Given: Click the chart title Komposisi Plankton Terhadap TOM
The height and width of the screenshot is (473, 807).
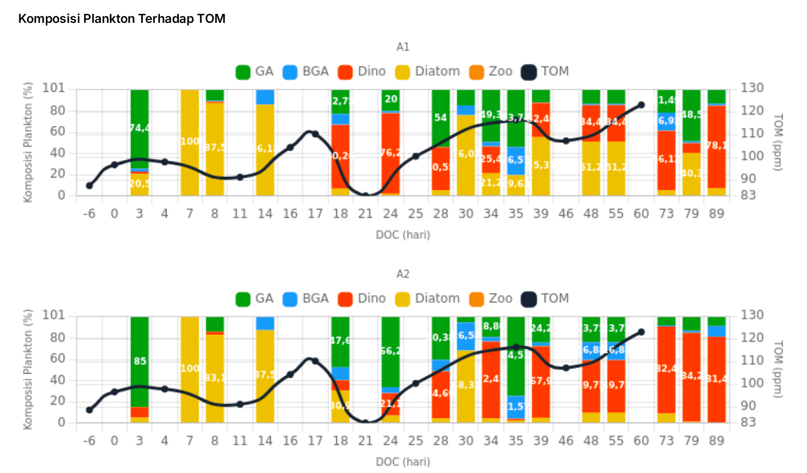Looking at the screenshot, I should [122, 19].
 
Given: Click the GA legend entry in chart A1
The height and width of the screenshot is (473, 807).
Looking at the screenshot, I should [255, 72].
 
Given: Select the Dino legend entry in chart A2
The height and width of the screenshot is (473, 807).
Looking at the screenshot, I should [362, 299].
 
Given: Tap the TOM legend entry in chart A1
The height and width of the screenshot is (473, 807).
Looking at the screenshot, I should [545, 72].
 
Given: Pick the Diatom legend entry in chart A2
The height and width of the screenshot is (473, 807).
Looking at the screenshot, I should [427, 299].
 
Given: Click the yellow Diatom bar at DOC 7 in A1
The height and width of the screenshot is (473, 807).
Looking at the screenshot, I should [190, 143].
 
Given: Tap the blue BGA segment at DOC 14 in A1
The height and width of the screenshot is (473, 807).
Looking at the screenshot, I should [265, 97].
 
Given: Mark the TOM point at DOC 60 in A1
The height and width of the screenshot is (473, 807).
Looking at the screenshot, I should [641, 105].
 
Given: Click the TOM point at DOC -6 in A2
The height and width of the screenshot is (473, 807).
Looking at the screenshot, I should [90, 410].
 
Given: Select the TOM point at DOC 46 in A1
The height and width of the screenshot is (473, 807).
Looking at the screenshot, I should [566, 141].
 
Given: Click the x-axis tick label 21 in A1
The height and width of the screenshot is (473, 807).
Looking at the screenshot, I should [365, 214].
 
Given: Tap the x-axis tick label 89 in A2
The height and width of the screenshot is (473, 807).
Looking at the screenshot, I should [716, 441].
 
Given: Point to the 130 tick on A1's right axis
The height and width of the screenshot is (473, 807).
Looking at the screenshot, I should [752, 88].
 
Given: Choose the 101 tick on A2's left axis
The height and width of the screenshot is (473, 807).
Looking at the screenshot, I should [53, 315].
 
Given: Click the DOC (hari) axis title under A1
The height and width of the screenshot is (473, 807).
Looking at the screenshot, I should [403, 235].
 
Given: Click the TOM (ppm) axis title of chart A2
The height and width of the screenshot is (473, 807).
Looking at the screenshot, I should [777, 370].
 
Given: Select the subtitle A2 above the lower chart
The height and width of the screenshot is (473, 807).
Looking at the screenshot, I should [403, 274].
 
